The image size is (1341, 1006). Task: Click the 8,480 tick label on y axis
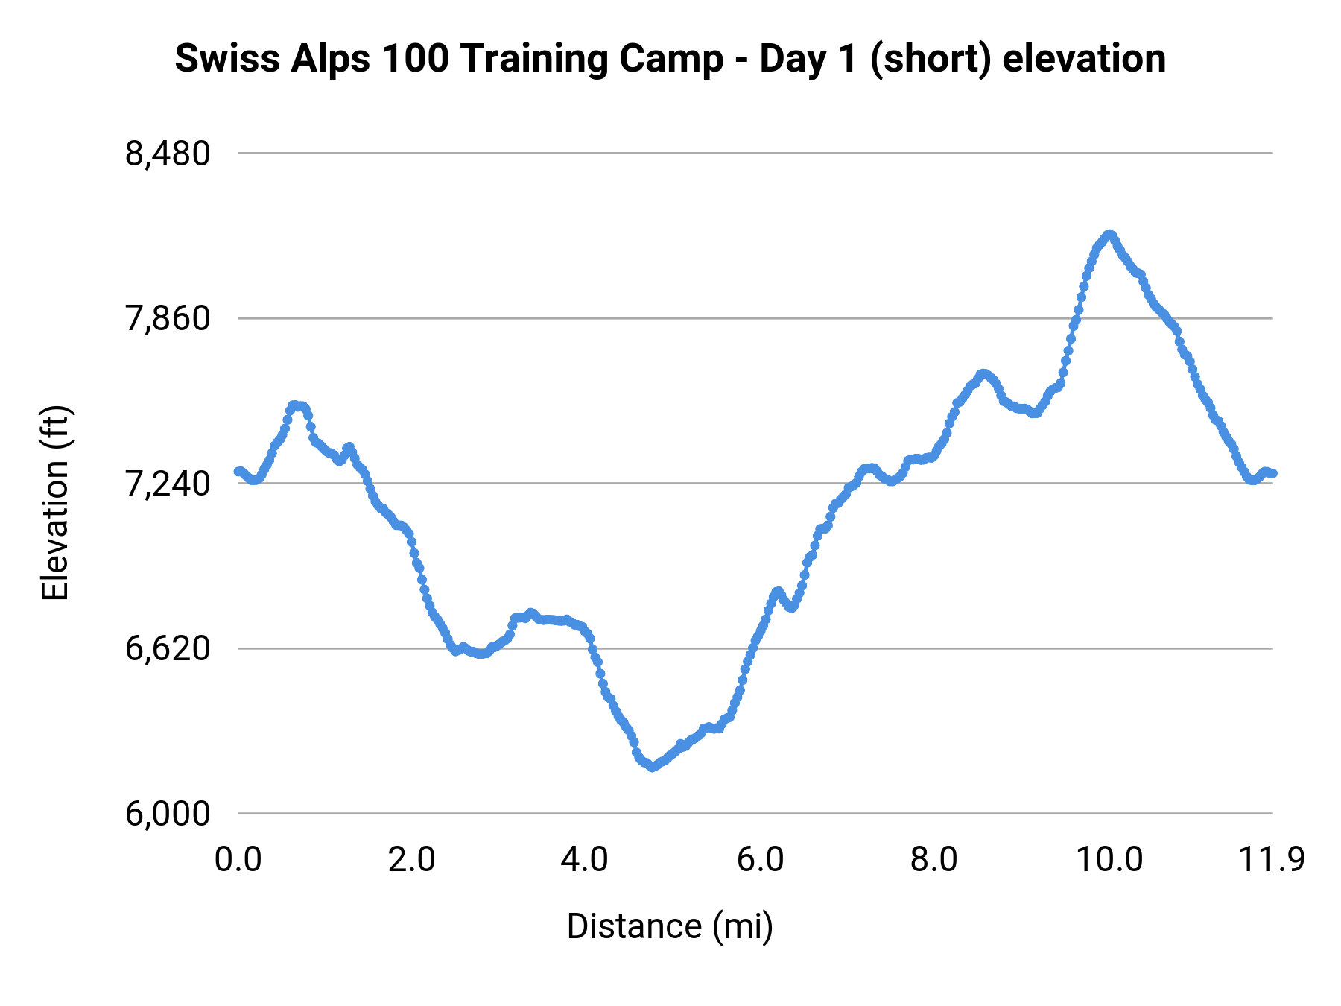(x=168, y=154)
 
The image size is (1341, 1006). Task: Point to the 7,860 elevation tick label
(x=168, y=319)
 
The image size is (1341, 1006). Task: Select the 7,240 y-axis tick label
(x=168, y=484)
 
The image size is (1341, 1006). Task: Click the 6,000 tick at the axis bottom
(x=168, y=814)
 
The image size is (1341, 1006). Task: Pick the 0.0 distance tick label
(x=238, y=860)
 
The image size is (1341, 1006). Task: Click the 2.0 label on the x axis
(x=411, y=860)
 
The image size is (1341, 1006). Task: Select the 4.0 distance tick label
(x=585, y=860)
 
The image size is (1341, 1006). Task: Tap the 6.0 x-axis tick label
(x=760, y=860)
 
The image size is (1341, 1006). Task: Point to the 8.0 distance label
(x=934, y=860)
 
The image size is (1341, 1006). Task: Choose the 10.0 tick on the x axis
(x=1109, y=860)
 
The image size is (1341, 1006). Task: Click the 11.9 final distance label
(x=1271, y=860)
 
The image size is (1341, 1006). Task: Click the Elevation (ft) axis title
(x=55, y=503)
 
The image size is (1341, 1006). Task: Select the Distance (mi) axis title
(x=670, y=926)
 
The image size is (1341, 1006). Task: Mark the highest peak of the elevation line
(x=1110, y=234)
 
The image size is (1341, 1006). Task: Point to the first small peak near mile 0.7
(x=296, y=405)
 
